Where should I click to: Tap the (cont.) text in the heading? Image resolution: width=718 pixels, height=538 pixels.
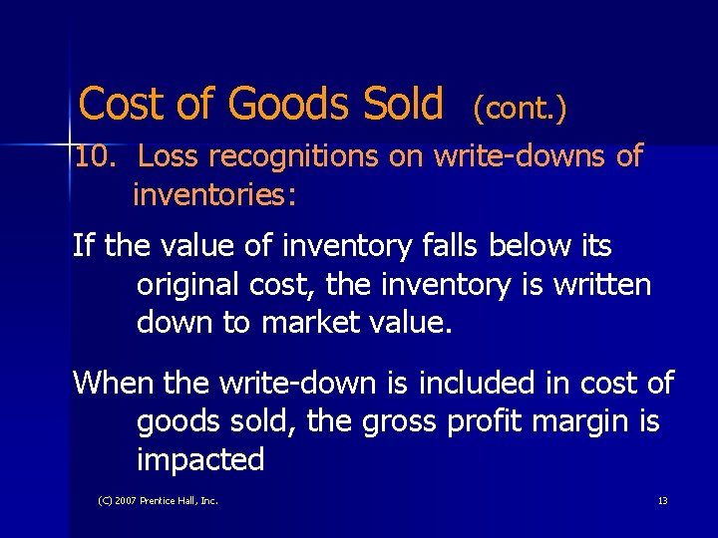click(520, 108)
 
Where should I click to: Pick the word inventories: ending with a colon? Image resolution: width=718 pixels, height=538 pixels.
click(214, 194)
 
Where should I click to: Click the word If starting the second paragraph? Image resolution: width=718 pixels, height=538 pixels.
click(84, 246)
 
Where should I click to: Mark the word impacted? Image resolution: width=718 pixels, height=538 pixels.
click(200, 460)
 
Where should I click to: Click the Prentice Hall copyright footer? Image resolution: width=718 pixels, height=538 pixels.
click(158, 500)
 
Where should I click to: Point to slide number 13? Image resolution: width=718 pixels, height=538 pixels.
click(662, 500)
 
